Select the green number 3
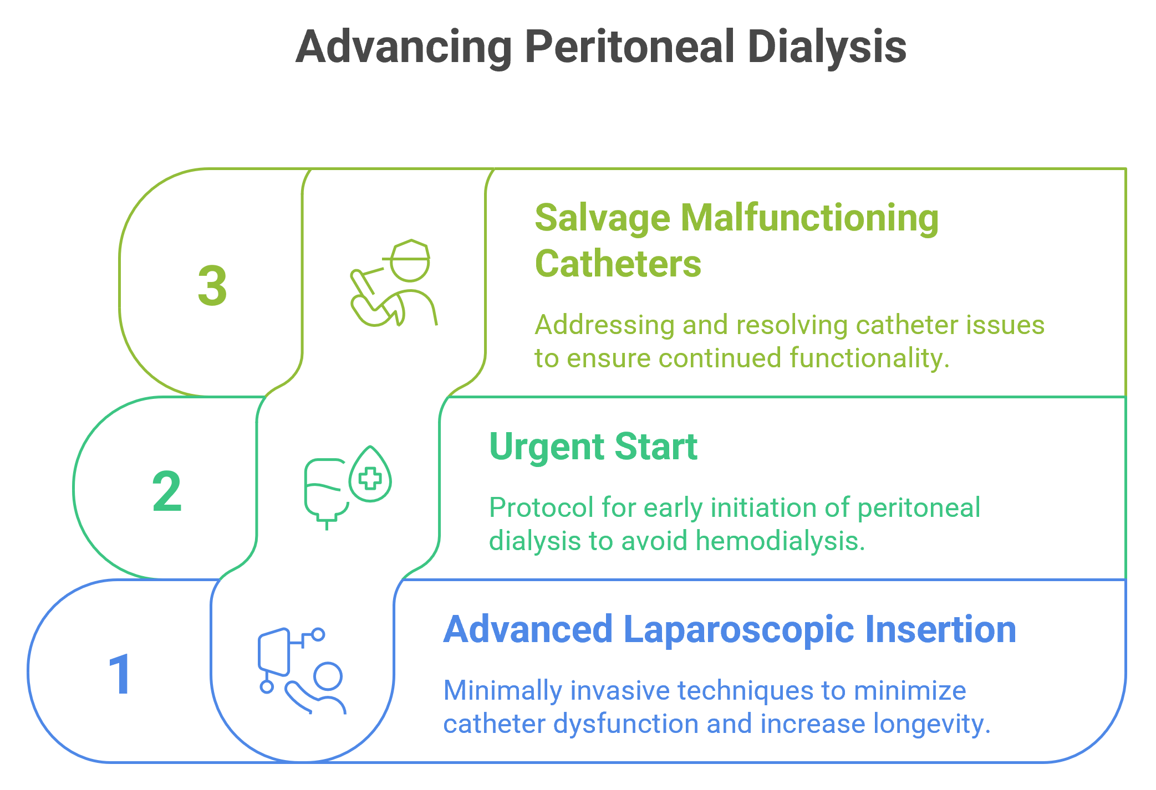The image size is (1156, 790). pyautogui.click(x=212, y=286)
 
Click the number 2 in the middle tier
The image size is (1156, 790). pyautogui.click(x=166, y=491)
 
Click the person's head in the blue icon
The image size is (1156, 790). pyautogui.click(x=328, y=676)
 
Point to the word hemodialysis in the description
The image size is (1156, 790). pyautogui.click(x=780, y=541)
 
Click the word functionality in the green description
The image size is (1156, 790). pyautogui.click(x=869, y=358)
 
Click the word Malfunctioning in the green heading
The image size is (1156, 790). pyautogui.click(x=810, y=219)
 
